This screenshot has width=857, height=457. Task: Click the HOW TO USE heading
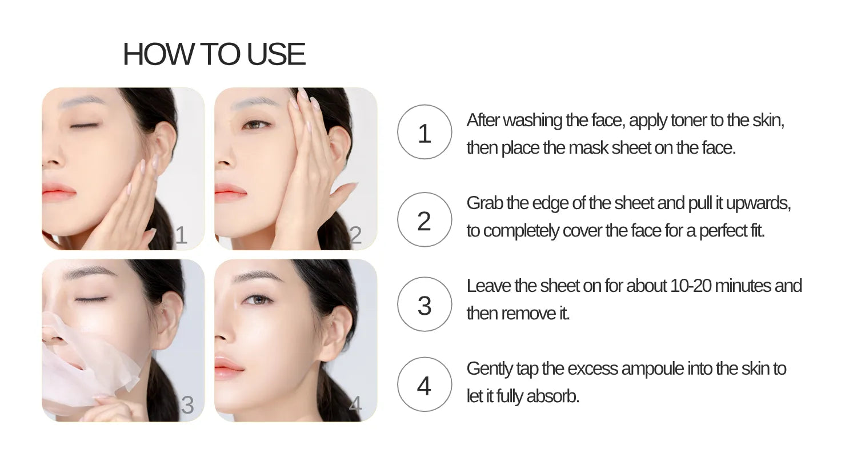[x=214, y=54]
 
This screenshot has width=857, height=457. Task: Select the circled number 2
[x=424, y=221]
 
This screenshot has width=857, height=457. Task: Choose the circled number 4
[x=424, y=386]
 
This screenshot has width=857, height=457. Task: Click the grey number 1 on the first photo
[x=181, y=235]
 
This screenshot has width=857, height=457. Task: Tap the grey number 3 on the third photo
[x=187, y=405]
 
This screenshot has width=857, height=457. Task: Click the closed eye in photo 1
[x=83, y=125]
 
